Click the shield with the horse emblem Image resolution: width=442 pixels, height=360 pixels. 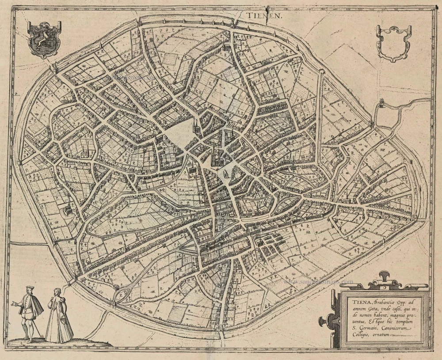[41, 39]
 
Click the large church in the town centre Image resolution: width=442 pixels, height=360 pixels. [218, 157]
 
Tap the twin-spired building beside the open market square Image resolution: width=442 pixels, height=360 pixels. [195, 128]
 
